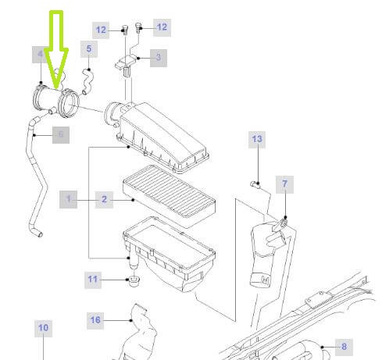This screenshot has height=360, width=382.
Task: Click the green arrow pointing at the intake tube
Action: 56,49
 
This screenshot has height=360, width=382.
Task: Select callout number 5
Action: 89,49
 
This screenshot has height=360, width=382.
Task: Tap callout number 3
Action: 159,58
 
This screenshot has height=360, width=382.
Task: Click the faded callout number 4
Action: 40,55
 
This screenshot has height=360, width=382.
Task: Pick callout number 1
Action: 68,199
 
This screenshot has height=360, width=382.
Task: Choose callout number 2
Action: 104,200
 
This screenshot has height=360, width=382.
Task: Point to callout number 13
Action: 257,140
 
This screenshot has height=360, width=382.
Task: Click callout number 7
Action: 284,184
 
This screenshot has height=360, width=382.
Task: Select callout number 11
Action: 93,280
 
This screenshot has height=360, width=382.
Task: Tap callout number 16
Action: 95,320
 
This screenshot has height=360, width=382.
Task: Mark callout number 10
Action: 43,328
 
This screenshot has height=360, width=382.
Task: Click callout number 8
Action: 344,347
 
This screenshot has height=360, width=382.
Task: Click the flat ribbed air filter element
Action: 170,196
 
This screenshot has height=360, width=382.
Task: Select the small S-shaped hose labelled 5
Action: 87,81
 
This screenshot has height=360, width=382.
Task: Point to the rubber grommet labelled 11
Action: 134,281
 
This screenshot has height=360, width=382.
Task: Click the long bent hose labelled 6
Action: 35,177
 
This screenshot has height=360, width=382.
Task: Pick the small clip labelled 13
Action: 255,184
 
